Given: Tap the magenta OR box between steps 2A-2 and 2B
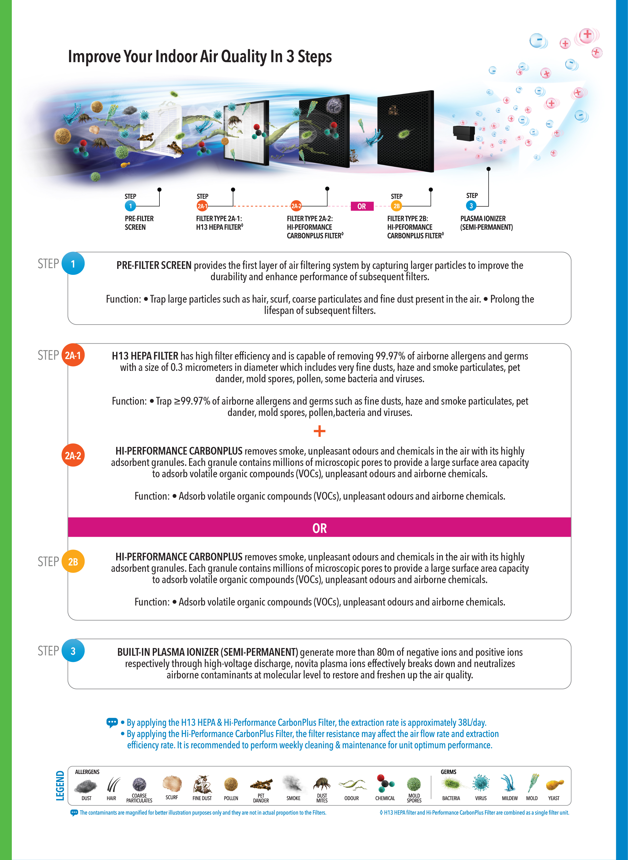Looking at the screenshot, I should coord(361,206).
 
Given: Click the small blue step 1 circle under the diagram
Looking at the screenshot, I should coord(130,206).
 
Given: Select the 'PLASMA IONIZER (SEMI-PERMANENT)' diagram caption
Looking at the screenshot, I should coord(486,223).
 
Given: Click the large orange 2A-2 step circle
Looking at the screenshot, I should coord(73,455).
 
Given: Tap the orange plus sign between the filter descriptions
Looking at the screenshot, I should coord(319,431).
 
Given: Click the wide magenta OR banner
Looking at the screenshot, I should coord(319,528).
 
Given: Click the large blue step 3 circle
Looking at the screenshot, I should coord(73,651).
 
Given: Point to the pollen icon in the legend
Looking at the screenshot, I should coord(231,784).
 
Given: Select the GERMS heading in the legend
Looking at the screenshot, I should coord(448,772).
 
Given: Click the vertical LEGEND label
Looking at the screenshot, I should coord(60,786).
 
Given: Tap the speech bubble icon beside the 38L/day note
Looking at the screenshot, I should coord(112,722).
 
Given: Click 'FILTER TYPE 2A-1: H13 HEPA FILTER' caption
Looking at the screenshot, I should coord(219,223).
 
